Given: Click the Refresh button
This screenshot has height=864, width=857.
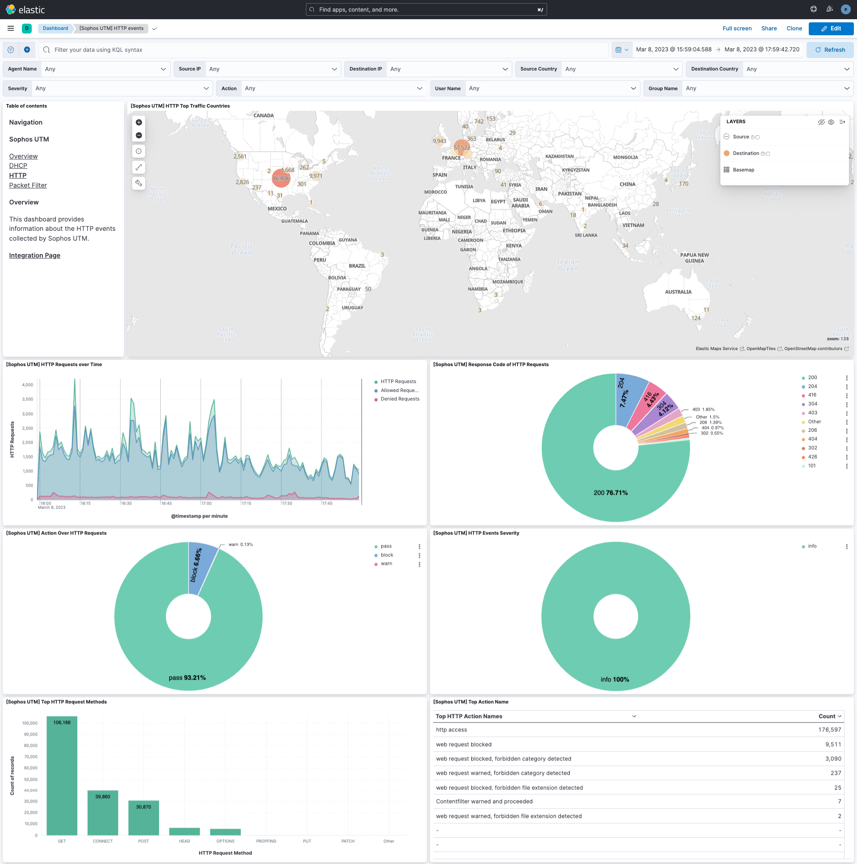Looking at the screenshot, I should tap(830, 50).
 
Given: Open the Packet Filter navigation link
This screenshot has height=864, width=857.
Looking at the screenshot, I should tap(28, 185).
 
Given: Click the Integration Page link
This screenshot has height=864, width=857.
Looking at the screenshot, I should tap(34, 255).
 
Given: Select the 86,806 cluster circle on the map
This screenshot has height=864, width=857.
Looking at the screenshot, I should tap(281, 178).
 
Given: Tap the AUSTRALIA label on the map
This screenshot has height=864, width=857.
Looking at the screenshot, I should tap(677, 292).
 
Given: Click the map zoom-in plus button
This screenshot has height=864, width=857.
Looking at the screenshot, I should tap(138, 122).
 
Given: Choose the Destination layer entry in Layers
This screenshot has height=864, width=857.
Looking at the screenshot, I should tap(746, 154).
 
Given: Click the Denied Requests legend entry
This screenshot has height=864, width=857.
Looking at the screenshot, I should tap(400, 399).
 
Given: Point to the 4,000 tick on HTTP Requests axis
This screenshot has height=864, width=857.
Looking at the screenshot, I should tap(27, 384).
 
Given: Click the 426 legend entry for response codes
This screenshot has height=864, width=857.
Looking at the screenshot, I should tap(812, 457).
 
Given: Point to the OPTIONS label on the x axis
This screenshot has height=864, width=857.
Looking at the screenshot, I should tap(225, 841).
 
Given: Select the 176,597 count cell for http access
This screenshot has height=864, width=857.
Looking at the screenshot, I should tap(829, 730).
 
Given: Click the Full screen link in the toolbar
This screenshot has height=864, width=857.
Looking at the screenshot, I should tap(737, 28).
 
